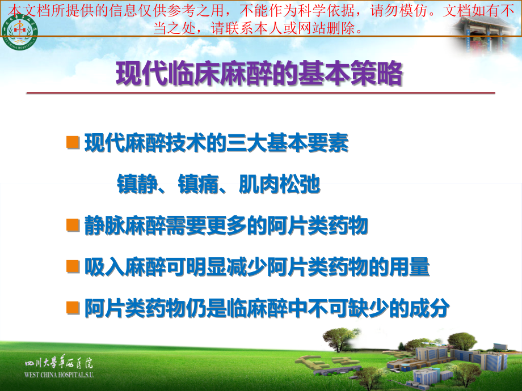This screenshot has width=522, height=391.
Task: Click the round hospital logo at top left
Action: [20, 32]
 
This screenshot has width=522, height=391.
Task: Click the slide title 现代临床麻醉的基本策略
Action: [259, 73]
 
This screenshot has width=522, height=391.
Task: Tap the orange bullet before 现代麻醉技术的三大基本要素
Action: [73, 142]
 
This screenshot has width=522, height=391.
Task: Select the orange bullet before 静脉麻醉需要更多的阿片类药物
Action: [73, 225]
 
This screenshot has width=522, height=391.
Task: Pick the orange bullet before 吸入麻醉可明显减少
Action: [73, 266]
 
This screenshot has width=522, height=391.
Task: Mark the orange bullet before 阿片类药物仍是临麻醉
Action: [73, 308]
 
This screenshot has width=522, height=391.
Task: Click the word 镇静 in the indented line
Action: [137, 184]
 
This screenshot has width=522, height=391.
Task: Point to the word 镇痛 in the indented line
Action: [199, 184]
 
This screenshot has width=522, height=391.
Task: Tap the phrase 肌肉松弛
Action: [280, 184]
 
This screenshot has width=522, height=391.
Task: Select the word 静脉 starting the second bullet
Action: [104, 226]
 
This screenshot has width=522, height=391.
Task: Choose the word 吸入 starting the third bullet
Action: [104, 267]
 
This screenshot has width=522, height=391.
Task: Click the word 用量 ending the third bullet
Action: [410, 267]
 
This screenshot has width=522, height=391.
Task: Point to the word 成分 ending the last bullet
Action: [430, 308]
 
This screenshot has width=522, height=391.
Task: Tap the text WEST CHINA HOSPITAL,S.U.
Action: [59, 375]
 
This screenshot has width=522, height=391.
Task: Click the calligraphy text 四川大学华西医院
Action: [59, 363]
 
